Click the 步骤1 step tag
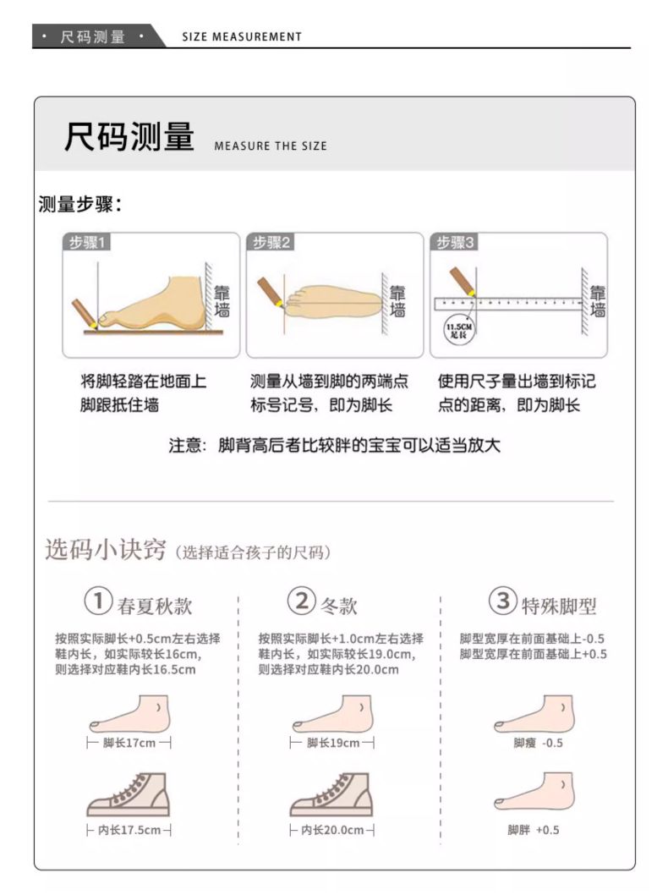coord(85,242)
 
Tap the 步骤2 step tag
coord(270,242)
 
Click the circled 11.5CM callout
coord(458,330)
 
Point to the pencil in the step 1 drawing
coord(85,315)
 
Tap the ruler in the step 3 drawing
coord(507,303)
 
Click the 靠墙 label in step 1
coord(222,301)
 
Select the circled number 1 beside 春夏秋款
coord(98,601)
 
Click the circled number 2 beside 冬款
coord(301,601)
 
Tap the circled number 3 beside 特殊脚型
coord(502,601)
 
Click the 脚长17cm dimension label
coord(129,744)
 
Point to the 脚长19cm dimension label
coord(332,744)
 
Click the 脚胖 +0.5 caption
coord(534,830)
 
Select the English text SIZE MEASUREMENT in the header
coord(242,36)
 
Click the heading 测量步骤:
coord(79,204)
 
